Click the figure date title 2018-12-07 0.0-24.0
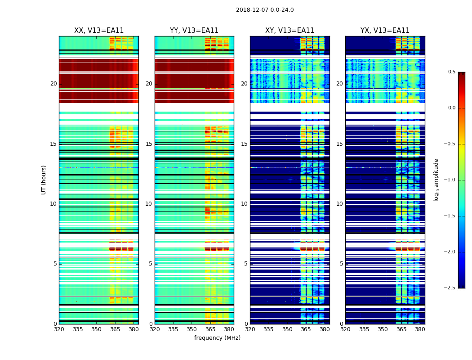(x=265, y=10)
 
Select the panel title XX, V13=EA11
(x=99, y=31)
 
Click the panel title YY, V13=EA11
(x=194, y=31)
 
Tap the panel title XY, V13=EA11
(x=289, y=31)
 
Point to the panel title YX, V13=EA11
(x=385, y=31)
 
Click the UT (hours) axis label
(x=44, y=180)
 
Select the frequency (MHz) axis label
(x=217, y=338)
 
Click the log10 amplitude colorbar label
(x=436, y=180)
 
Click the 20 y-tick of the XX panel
(x=53, y=84)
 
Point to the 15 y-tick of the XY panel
(x=244, y=144)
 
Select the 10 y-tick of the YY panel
(x=149, y=204)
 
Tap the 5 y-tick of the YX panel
(x=341, y=264)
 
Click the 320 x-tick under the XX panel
(x=59, y=329)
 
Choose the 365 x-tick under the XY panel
(x=306, y=329)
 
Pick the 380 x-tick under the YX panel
(x=420, y=329)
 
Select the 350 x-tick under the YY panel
(x=192, y=329)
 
